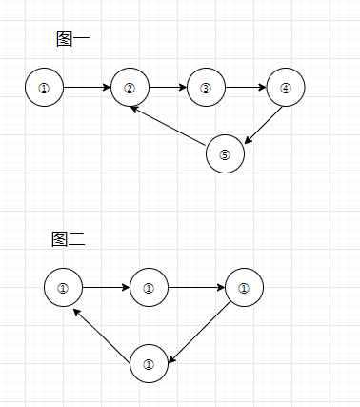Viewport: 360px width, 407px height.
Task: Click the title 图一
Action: [x=73, y=39]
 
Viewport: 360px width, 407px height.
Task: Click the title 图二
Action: [x=69, y=239]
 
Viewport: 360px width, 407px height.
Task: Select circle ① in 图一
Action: [x=44, y=88]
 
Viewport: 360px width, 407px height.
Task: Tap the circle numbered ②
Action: [x=130, y=88]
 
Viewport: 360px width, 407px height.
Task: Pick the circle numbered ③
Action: [x=206, y=88]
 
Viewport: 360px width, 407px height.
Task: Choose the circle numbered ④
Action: [x=286, y=88]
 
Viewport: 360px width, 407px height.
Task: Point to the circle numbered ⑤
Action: [x=225, y=154]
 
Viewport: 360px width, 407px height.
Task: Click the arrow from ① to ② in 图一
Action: [x=87, y=88]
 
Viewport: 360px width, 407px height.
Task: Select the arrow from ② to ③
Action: [x=168, y=88]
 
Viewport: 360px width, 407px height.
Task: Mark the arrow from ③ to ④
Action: [x=246, y=88]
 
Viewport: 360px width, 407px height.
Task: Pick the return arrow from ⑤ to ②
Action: [x=170, y=127]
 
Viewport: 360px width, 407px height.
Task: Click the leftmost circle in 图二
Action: [x=63, y=287]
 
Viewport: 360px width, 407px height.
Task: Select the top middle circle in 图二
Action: [x=149, y=287]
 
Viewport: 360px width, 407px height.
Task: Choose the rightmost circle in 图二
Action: [x=244, y=287]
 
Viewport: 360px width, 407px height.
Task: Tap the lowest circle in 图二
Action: [x=149, y=363]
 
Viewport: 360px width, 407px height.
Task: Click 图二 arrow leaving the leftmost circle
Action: [x=106, y=287]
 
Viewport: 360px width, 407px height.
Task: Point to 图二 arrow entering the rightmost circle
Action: [x=196, y=287]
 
